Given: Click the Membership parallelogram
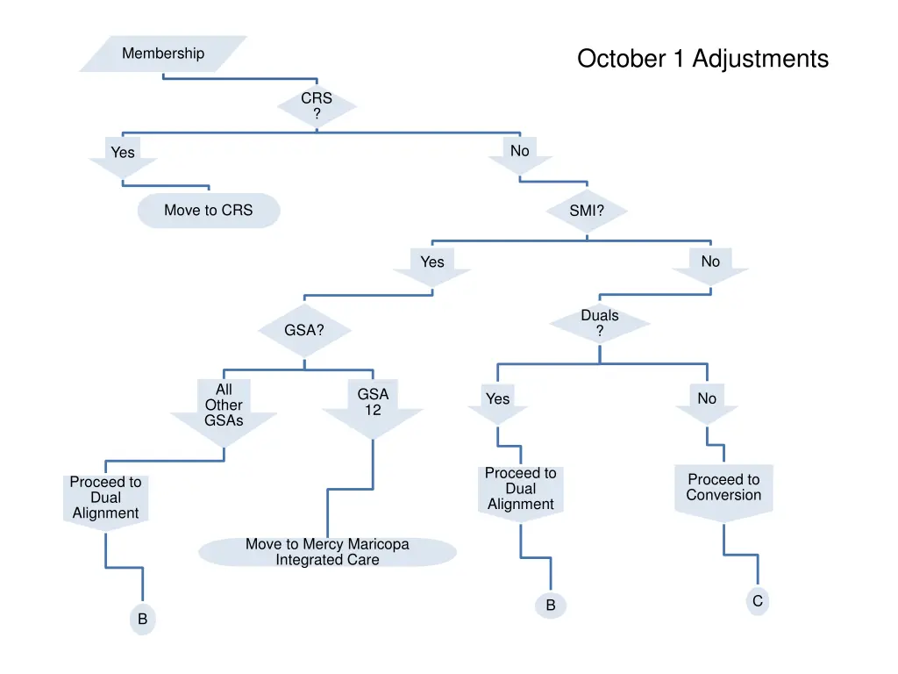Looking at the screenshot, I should pos(163,54).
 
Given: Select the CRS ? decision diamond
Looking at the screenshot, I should pos(317,107).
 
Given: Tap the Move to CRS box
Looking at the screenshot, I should pos(209,211).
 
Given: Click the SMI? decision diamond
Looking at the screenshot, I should pos(587,211).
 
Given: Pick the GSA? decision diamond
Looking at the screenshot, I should pos(304,331).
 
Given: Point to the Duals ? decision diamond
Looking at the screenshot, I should pos(600,323).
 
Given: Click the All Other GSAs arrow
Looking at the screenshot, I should pos(224,410).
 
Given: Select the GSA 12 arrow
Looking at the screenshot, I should pos(373,405).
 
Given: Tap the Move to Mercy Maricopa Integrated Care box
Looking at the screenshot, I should pos(327,552).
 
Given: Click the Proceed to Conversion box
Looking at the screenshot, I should pos(723,489).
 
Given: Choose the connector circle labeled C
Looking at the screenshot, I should pos(758,601).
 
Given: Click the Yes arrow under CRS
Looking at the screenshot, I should pos(123,155).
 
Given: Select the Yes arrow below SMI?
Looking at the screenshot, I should pos(432,265).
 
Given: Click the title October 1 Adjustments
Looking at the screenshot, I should pos(702,59).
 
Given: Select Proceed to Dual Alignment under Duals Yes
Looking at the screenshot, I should pos(521,490).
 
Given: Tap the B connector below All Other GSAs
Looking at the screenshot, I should pos(142,620).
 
